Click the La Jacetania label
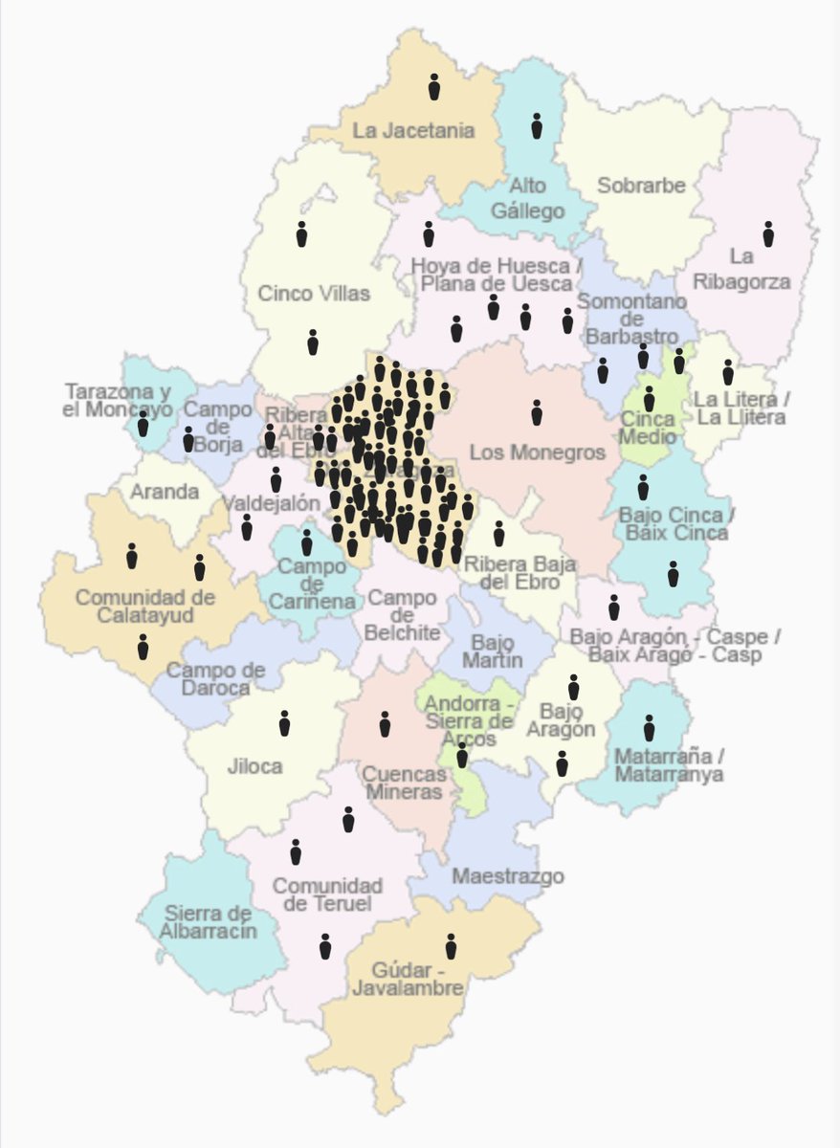[413, 130]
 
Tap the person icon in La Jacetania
[433, 87]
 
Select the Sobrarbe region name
[641, 185]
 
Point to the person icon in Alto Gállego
[537, 125]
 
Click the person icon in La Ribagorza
[768, 233]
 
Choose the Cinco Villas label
[314, 293]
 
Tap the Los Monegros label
[538, 452]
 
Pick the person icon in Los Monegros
[537, 412]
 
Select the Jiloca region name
[255, 765]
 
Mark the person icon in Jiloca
[284, 723]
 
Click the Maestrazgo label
[507, 875]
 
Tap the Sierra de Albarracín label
[209, 921]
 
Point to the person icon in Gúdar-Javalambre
[451, 946]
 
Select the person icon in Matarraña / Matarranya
[650, 728]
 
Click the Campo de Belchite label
[403, 614]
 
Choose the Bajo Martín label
[493, 650]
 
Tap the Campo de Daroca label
[215, 678]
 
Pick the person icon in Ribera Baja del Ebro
[498, 534]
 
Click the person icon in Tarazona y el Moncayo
[143, 424]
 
